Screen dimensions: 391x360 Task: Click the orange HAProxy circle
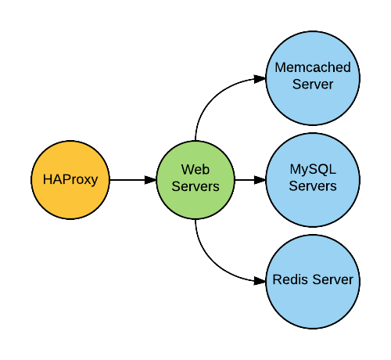click(70, 180)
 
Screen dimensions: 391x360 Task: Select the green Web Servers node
click(195, 180)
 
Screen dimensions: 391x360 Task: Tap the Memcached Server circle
click(313, 78)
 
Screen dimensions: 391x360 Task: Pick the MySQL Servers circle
click(313, 180)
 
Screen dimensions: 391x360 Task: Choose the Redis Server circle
click(313, 282)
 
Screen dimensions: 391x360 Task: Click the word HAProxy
click(70, 180)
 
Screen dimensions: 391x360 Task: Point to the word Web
click(195, 170)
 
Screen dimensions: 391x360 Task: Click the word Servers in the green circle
click(195, 186)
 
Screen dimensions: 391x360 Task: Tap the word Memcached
click(313, 67)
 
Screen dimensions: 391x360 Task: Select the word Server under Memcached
click(313, 85)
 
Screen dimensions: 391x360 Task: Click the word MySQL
click(313, 170)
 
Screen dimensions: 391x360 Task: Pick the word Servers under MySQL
click(313, 186)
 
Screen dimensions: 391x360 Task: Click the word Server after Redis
click(333, 279)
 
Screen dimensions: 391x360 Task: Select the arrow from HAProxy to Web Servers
click(133, 180)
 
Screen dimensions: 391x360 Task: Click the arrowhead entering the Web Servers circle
click(150, 180)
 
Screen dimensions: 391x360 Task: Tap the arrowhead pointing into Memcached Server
click(260, 79)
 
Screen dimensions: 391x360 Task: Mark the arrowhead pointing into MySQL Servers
click(260, 180)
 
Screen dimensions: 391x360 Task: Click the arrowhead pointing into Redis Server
click(260, 281)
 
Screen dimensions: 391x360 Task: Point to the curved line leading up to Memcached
click(213, 96)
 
